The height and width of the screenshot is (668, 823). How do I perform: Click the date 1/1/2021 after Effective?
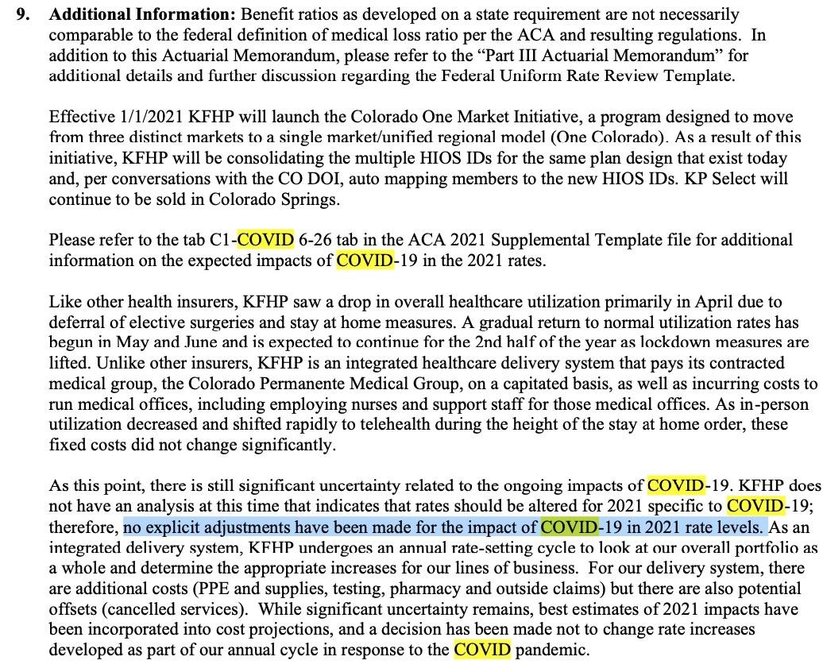pos(138,116)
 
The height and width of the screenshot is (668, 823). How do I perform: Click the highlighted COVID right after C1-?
pos(266,240)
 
